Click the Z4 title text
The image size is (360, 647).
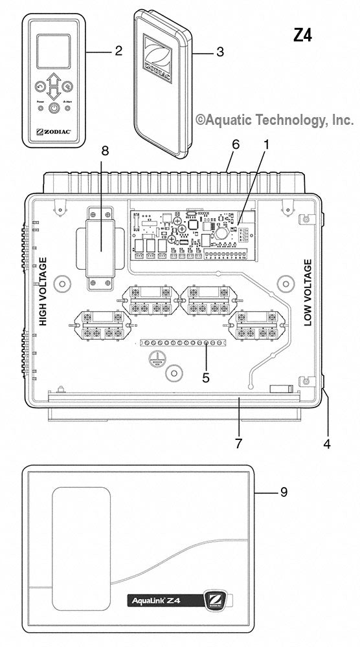(x=302, y=36)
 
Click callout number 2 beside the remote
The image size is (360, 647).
(x=118, y=51)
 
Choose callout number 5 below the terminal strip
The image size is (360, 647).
(x=205, y=376)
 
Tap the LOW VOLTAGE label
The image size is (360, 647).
(x=308, y=293)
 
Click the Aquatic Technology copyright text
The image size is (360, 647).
(x=275, y=120)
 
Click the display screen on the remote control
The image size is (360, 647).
(x=54, y=52)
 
